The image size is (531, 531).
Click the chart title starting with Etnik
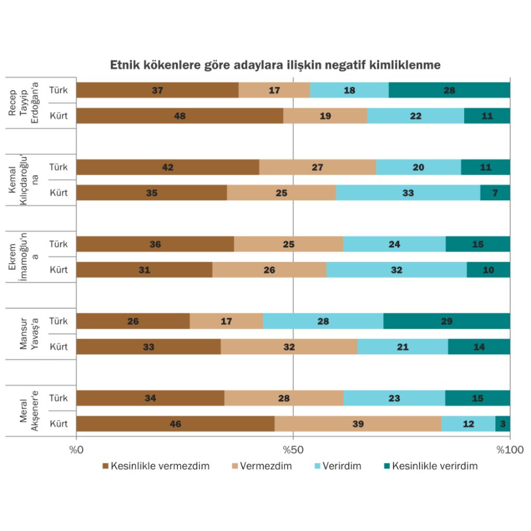[275, 65]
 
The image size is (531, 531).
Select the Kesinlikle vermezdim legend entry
[156, 466]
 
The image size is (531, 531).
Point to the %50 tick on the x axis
[293, 448]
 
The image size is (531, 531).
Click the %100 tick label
[509, 448]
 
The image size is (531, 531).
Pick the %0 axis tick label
[77, 448]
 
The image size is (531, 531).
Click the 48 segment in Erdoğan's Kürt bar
[179, 116]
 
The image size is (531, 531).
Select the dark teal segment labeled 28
[449, 90]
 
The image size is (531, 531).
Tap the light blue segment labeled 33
[408, 193]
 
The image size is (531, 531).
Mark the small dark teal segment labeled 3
[502, 424]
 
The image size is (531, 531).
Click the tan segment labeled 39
[358, 424]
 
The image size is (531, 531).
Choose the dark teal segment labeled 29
[446, 322]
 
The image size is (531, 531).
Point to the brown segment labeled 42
[167, 167]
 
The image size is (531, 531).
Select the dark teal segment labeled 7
[495, 193]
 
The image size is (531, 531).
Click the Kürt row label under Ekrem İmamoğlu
[59, 270]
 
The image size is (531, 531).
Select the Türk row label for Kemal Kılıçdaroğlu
[59, 167]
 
